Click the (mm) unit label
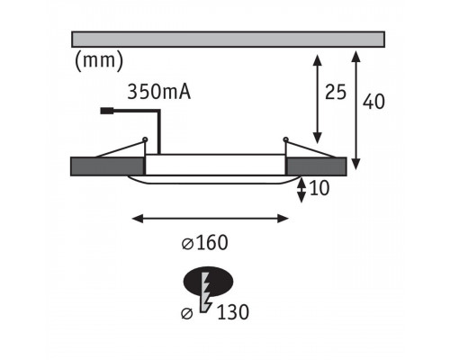[99, 61]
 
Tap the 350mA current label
[159, 92]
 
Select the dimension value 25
[336, 92]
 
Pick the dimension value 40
[373, 102]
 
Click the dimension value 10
[319, 188]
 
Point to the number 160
[212, 243]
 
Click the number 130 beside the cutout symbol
[233, 312]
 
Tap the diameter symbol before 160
[187, 244]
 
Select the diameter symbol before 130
[186, 314]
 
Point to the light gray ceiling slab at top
[228, 40]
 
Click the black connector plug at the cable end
[106, 111]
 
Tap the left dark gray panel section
[107, 166]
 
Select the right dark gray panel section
[316, 166]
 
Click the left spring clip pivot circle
[145, 139]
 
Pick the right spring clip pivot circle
[285, 139]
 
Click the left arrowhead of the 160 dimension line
[137, 219]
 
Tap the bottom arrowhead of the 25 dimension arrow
[317, 139]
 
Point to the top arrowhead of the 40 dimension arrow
[355, 57]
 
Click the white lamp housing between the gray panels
[215, 165]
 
